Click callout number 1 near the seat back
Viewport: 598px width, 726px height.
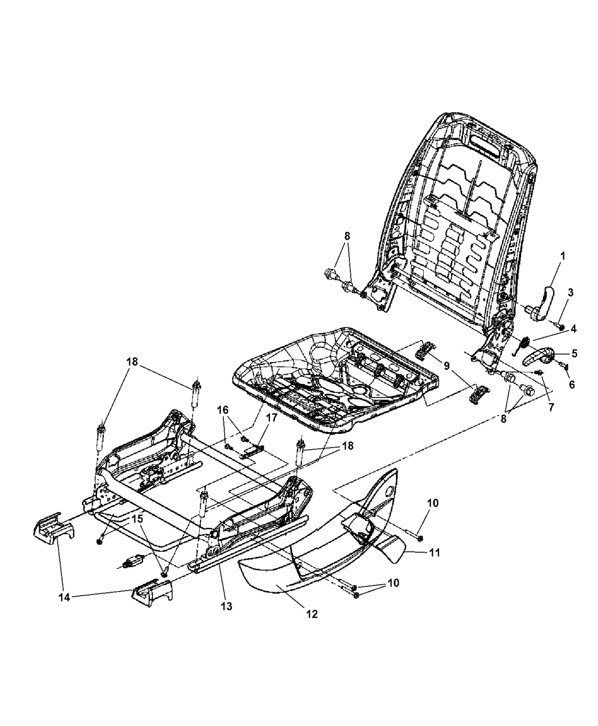pyautogui.click(x=562, y=257)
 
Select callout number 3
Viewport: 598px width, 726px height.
pyautogui.click(x=570, y=292)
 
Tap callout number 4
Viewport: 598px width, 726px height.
pyautogui.click(x=574, y=329)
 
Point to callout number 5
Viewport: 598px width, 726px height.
pyautogui.click(x=574, y=353)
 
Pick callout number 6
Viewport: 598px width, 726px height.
pyautogui.click(x=571, y=384)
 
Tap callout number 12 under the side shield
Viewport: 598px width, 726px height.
pyautogui.click(x=312, y=614)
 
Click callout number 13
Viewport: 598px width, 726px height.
pyautogui.click(x=227, y=606)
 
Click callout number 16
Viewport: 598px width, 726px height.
pyautogui.click(x=222, y=410)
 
